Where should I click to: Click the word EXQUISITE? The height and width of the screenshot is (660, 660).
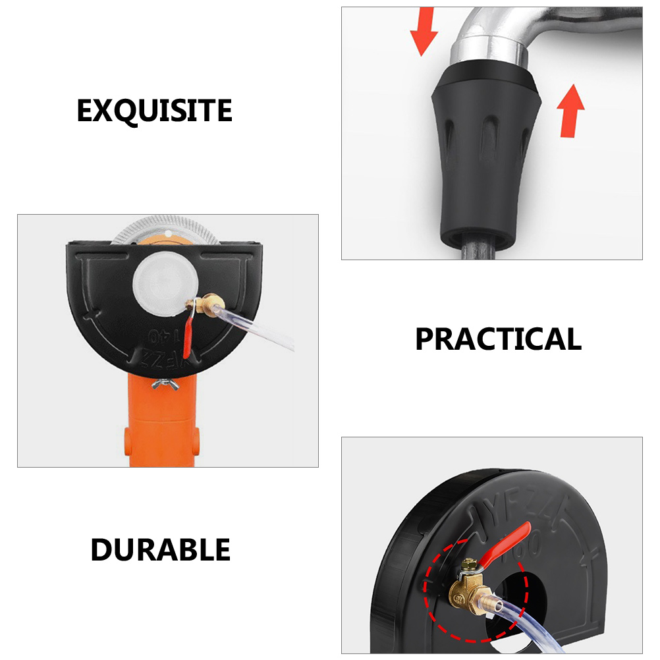coord(154,111)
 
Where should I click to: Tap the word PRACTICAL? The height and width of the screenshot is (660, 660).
coord(498,339)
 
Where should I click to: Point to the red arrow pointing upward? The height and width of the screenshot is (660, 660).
coord(570,110)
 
